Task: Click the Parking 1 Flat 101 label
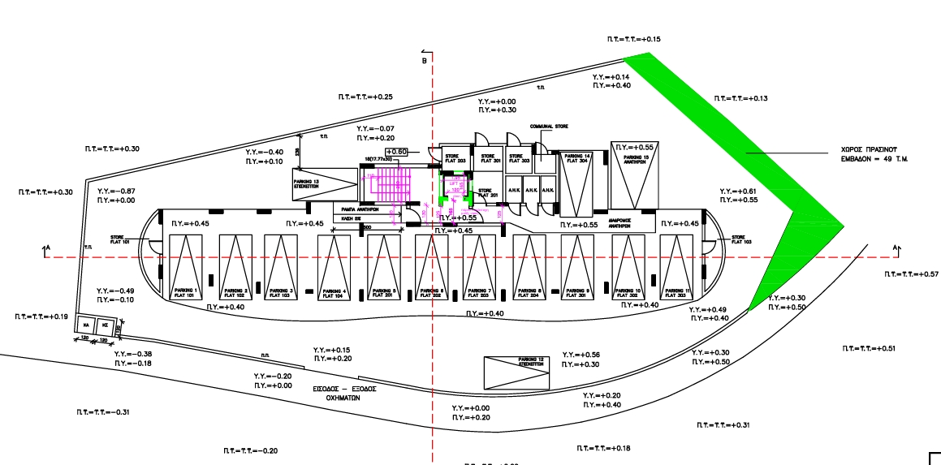[x=184, y=291]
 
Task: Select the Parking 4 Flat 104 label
[x=334, y=292]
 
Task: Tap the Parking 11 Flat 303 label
[x=676, y=291]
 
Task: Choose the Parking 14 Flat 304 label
[x=578, y=158]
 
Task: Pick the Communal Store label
[x=549, y=127]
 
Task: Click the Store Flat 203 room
[x=455, y=159]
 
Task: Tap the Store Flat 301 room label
[x=488, y=158]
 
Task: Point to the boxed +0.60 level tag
[x=396, y=152]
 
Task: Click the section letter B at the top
[x=424, y=61]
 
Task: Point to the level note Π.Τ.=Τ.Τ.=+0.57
[x=911, y=274]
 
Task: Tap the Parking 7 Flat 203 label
[x=480, y=291]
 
